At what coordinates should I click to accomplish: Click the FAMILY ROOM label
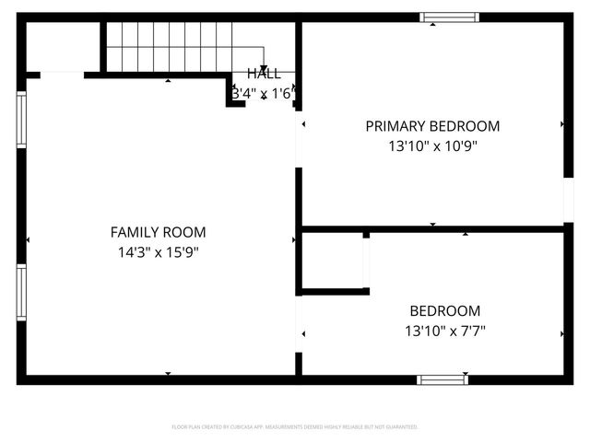point(158,233)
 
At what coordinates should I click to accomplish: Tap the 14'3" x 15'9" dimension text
point(158,251)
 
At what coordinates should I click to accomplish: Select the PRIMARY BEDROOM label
point(432,126)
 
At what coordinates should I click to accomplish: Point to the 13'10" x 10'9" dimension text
point(432,145)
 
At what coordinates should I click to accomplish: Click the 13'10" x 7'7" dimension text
point(445,331)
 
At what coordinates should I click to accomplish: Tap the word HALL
point(264,75)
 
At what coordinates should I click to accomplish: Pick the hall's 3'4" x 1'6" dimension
point(263,93)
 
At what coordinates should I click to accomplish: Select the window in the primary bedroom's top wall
point(450,17)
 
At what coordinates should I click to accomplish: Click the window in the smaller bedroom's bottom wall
point(442,379)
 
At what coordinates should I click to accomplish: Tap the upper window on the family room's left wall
point(21,120)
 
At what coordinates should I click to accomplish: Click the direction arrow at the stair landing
point(264,69)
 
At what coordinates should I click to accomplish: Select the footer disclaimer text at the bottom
point(295,427)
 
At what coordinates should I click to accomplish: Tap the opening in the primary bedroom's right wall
point(568,198)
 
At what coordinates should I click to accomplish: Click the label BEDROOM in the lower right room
point(445,311)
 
